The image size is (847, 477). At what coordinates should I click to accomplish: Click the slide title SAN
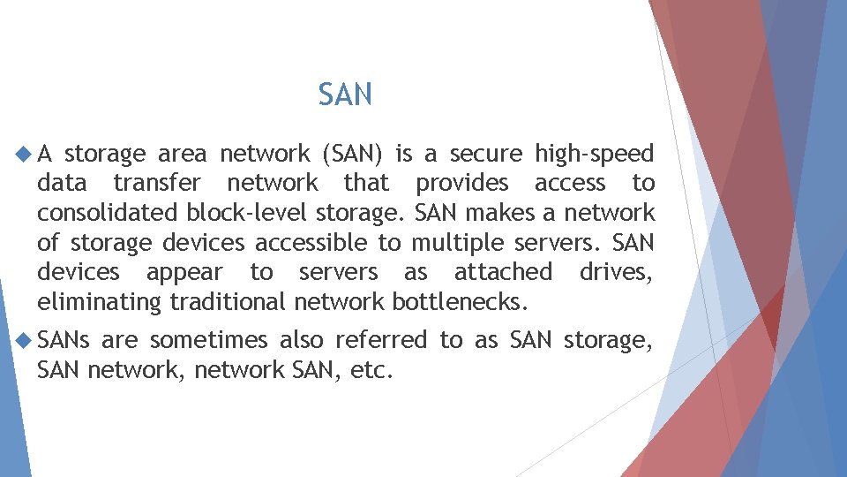[x=345, y=95]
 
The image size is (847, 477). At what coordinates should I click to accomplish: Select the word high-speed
[x=594, y=155]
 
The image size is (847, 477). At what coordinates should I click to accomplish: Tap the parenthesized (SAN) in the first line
[x=353, y=155]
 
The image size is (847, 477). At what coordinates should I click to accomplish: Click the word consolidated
[x=108, y=213]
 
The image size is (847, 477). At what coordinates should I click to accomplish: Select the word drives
[x=616, y=271]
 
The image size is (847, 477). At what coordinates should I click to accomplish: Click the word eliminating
[x=99, y=302]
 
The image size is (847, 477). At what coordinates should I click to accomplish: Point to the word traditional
[x=229, y=302]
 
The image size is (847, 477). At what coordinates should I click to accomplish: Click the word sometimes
[x=208, y=340]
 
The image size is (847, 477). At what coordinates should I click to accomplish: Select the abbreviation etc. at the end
[x=371, y=370]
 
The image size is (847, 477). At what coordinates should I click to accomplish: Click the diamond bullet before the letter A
[x=23, y=155]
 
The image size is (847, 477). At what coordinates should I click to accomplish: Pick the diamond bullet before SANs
[x=23, y=340]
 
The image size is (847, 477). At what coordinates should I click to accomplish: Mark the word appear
[x=184, y=273]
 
